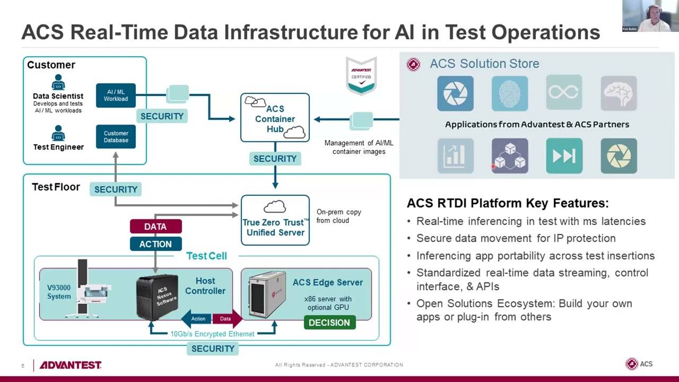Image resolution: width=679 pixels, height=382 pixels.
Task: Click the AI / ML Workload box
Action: click(116, 95)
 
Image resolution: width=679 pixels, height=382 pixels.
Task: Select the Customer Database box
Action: click(116, 137)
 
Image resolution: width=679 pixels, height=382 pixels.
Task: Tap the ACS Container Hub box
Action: click(275, 118)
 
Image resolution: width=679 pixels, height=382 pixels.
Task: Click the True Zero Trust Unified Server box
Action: click(275, 220)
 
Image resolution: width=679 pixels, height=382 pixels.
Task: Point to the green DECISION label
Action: click(329, 323)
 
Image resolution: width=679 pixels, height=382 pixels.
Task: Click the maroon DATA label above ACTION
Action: click(155, 227)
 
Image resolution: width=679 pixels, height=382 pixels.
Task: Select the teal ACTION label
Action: click(155, 244)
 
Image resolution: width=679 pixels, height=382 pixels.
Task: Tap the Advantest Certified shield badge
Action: click(361, 76)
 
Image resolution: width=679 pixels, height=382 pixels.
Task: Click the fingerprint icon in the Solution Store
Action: click(509, 93)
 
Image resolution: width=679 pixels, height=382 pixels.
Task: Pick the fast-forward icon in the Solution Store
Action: click(564, 156)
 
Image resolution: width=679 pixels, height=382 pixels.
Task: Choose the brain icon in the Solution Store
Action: click(619, 93)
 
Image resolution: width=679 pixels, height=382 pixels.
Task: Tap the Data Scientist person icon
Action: click(58, 82)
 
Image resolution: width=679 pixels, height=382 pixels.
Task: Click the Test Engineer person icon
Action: click(58, 133)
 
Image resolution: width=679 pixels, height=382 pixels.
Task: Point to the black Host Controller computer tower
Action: click(157, 297)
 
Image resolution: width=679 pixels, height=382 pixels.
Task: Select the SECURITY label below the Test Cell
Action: click(213, 349)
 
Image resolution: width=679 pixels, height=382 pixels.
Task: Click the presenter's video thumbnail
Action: click(646, 16)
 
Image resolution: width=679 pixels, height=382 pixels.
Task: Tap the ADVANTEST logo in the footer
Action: click(71, 365)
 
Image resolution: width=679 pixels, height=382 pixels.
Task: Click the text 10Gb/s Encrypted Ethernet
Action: click(212, 334)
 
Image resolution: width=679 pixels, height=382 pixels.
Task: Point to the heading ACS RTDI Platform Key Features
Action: click(507, 203)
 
